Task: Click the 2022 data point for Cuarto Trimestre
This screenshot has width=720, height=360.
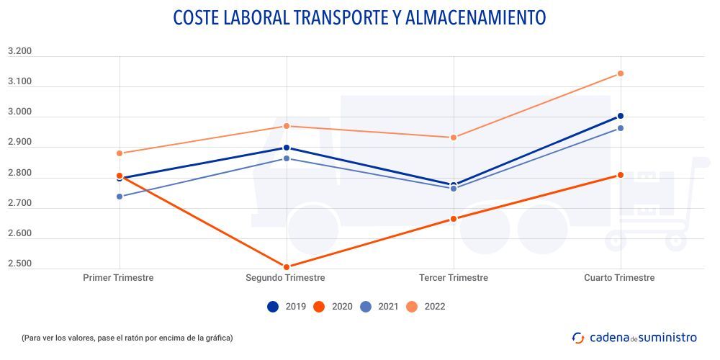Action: click(x=620, y=73)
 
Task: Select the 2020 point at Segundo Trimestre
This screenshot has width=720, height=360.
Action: click(x=287, y=267)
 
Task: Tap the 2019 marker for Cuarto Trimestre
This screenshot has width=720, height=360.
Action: click(x=620, y=116)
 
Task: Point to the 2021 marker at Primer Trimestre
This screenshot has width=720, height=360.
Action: click(x=120, y=197)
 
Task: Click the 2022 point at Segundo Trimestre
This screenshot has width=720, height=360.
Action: click(x=287, y=126)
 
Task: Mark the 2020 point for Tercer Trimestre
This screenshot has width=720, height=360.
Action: click(x=454, y=219)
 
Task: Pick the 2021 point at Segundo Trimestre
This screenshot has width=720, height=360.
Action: click(x=287, y=158)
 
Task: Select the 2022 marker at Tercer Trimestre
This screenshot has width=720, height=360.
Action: click(x=454, y=138)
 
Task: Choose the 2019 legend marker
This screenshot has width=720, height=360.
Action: click(x=273, y=307)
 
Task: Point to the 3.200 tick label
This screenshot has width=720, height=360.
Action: click(x=19, y=51)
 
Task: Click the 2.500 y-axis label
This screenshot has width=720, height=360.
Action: click(x=19, y=264)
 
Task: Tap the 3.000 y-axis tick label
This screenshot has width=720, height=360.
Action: click(x=19, y=112)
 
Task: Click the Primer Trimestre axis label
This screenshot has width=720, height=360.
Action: click(x=118, y=278)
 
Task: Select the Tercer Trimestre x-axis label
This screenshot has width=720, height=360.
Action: click(x=454, y=278)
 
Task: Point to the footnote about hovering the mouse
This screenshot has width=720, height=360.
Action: click(x=127, y=338)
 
